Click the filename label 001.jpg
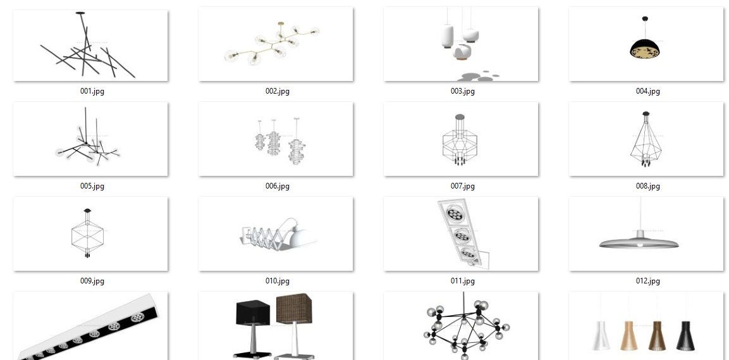coord(92,91)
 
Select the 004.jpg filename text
coord(647,91)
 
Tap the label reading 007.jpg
coord(463,186)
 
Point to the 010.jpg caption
coord(278,281)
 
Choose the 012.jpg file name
coord(647,281)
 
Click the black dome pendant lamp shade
coord(646,49)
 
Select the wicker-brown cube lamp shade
coord(294,308)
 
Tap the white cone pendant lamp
coord(601,335)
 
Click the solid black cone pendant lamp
coord(685,335)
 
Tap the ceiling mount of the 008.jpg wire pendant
coord(646,114)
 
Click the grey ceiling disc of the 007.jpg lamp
coord(460,117)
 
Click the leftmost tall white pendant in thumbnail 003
coord(447,36)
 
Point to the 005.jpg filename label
coord(92,186)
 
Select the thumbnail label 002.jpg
coord(278,91)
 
